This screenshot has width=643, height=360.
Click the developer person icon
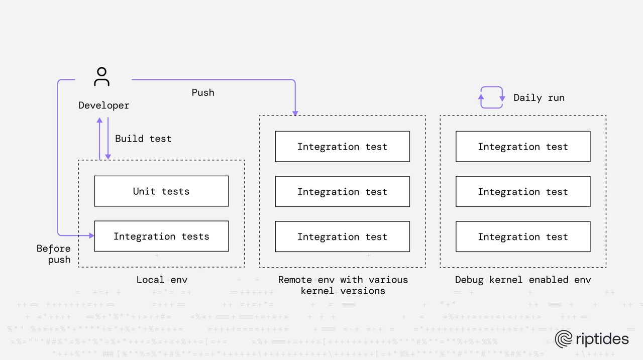[101, 77]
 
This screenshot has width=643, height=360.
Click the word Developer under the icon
[103, 105]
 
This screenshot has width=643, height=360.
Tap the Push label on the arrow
[203, 93]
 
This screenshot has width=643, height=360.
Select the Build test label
[143, 139]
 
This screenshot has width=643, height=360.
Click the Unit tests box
[161, 191]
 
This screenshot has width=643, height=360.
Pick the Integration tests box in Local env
[161, 236]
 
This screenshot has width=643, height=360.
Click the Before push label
[53, 254]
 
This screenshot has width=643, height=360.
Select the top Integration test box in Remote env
[342, 147]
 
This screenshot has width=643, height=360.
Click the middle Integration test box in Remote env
[342, 192]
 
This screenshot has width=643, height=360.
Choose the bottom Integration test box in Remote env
[342, 237]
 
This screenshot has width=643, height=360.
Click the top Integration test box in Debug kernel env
[522, 147]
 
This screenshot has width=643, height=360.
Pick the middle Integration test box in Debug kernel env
[522, 192]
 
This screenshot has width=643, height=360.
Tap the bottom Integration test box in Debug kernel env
[522, 237]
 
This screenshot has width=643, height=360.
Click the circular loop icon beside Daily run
[491, 97]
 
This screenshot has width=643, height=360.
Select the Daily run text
[539, 98]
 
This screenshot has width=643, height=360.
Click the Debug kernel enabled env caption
[522, 280]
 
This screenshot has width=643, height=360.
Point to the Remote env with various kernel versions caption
[343, 285]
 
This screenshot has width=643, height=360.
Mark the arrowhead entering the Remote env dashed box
[295, 112]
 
